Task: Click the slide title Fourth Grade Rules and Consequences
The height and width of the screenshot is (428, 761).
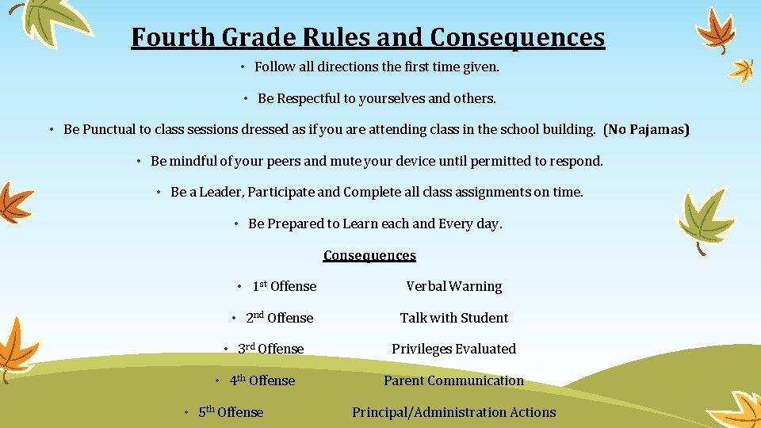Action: (x=368, y=37)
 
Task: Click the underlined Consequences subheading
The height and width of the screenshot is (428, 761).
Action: (x=369, y=255)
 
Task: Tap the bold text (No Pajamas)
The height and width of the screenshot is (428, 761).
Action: (x=646, y=129)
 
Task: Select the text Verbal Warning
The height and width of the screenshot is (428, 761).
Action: (x=453, y=286)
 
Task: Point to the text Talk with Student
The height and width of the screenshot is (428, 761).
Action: (x=453, y=318)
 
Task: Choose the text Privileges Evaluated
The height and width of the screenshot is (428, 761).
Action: (x=453, y=349)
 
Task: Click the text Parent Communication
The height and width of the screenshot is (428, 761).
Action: (x=453, y=380)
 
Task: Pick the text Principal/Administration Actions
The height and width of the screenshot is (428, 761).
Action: (x=453, y=412)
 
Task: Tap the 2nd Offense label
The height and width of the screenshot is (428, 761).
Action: (x=279, y=318)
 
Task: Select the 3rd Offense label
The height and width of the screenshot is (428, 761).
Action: (x=270, y=349)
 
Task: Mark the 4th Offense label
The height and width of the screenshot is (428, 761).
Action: (x=262, y=380)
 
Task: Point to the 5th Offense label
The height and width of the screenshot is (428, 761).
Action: (x=231, y=412)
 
